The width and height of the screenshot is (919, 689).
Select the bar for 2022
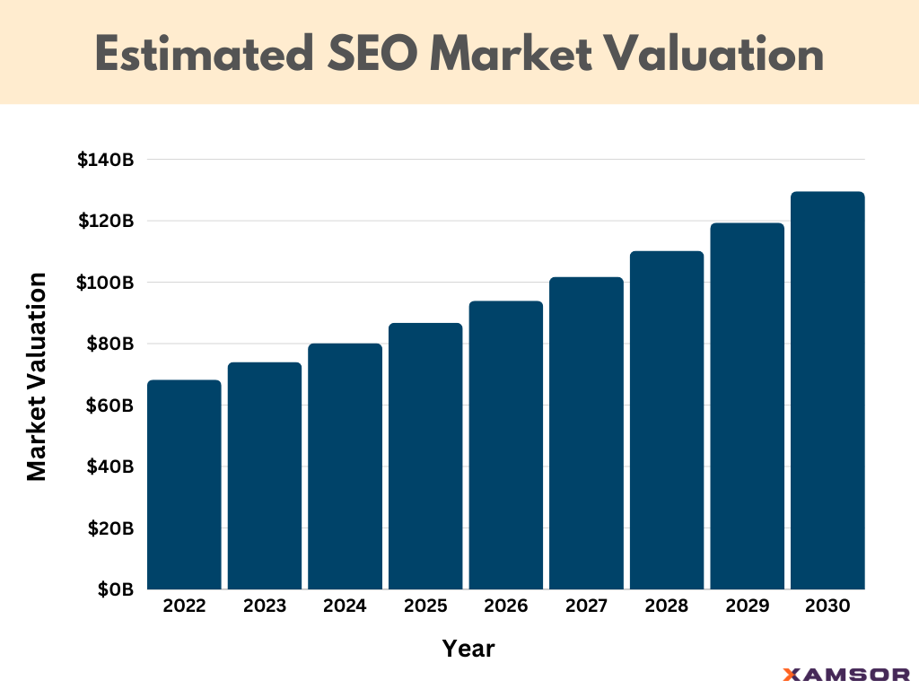pos(184,484)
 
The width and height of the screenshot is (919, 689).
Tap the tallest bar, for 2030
pos(827,390)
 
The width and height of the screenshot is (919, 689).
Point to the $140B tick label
pos(105,161)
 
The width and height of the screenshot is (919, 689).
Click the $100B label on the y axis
pos(105,283)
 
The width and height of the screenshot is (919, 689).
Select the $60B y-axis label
pos(109,406)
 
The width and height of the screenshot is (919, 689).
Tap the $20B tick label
pos(109,528)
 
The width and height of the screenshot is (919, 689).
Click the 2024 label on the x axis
pos(345,606)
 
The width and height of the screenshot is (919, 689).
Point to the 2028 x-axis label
pos(667,606)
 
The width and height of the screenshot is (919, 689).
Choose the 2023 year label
pos(265,606)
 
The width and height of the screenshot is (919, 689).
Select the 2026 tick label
pos(506,606)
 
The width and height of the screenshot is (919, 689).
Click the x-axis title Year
pos(468,648)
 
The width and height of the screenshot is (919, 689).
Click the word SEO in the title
pos(363,54)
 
